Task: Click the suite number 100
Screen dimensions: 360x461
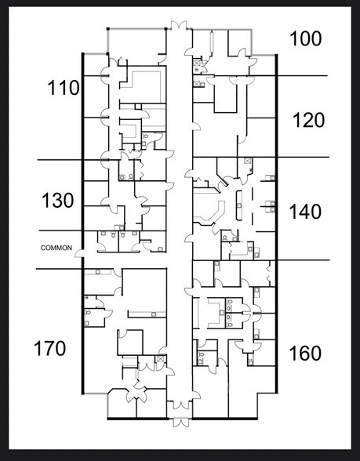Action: [x=306, y=39]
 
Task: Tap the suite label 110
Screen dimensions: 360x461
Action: [x=64, y=88]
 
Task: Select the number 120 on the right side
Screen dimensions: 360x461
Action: [x=308, y=120]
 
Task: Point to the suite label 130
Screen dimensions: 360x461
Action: [x=58, y=201]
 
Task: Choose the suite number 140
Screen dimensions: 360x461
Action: [x=305, y=212]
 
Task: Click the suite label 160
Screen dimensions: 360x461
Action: [x=305, y=354]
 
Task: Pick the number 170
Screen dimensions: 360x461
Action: [x=49, y=348]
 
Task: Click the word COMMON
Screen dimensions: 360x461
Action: [x=56, y=248]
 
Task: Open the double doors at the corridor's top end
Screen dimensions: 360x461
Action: [x=179, y=25]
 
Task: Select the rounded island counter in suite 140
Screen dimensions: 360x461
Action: [x=238, y=205]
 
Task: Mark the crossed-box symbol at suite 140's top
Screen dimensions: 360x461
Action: [x=247, y=161]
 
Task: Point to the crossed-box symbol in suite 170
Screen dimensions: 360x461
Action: [x=160, y=359]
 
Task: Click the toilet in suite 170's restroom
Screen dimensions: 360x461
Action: [x=87, y=312]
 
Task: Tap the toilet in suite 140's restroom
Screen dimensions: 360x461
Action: [x=225, y=238]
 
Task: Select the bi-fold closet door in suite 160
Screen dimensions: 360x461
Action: [x=269, y=274]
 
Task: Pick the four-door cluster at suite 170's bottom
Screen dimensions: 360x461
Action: [x=136, y=391]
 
